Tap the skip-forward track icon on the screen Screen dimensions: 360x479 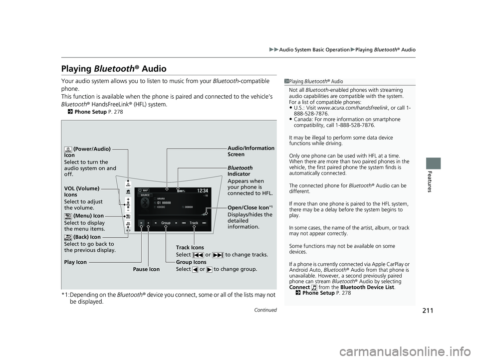click(x=205, y=222)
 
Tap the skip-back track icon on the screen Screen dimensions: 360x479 click(x=184, y=222)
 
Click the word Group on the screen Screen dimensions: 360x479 click(x=166, y=223)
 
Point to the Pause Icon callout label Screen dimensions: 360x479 click(x=147, y=269)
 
